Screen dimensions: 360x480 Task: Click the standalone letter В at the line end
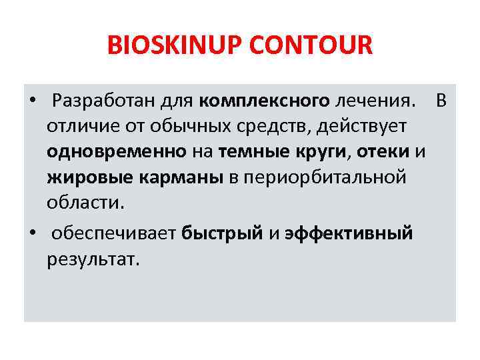coord(441,101)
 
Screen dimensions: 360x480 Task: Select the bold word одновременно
coord(117,152)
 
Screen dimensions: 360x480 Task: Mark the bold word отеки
coord(383,152)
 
